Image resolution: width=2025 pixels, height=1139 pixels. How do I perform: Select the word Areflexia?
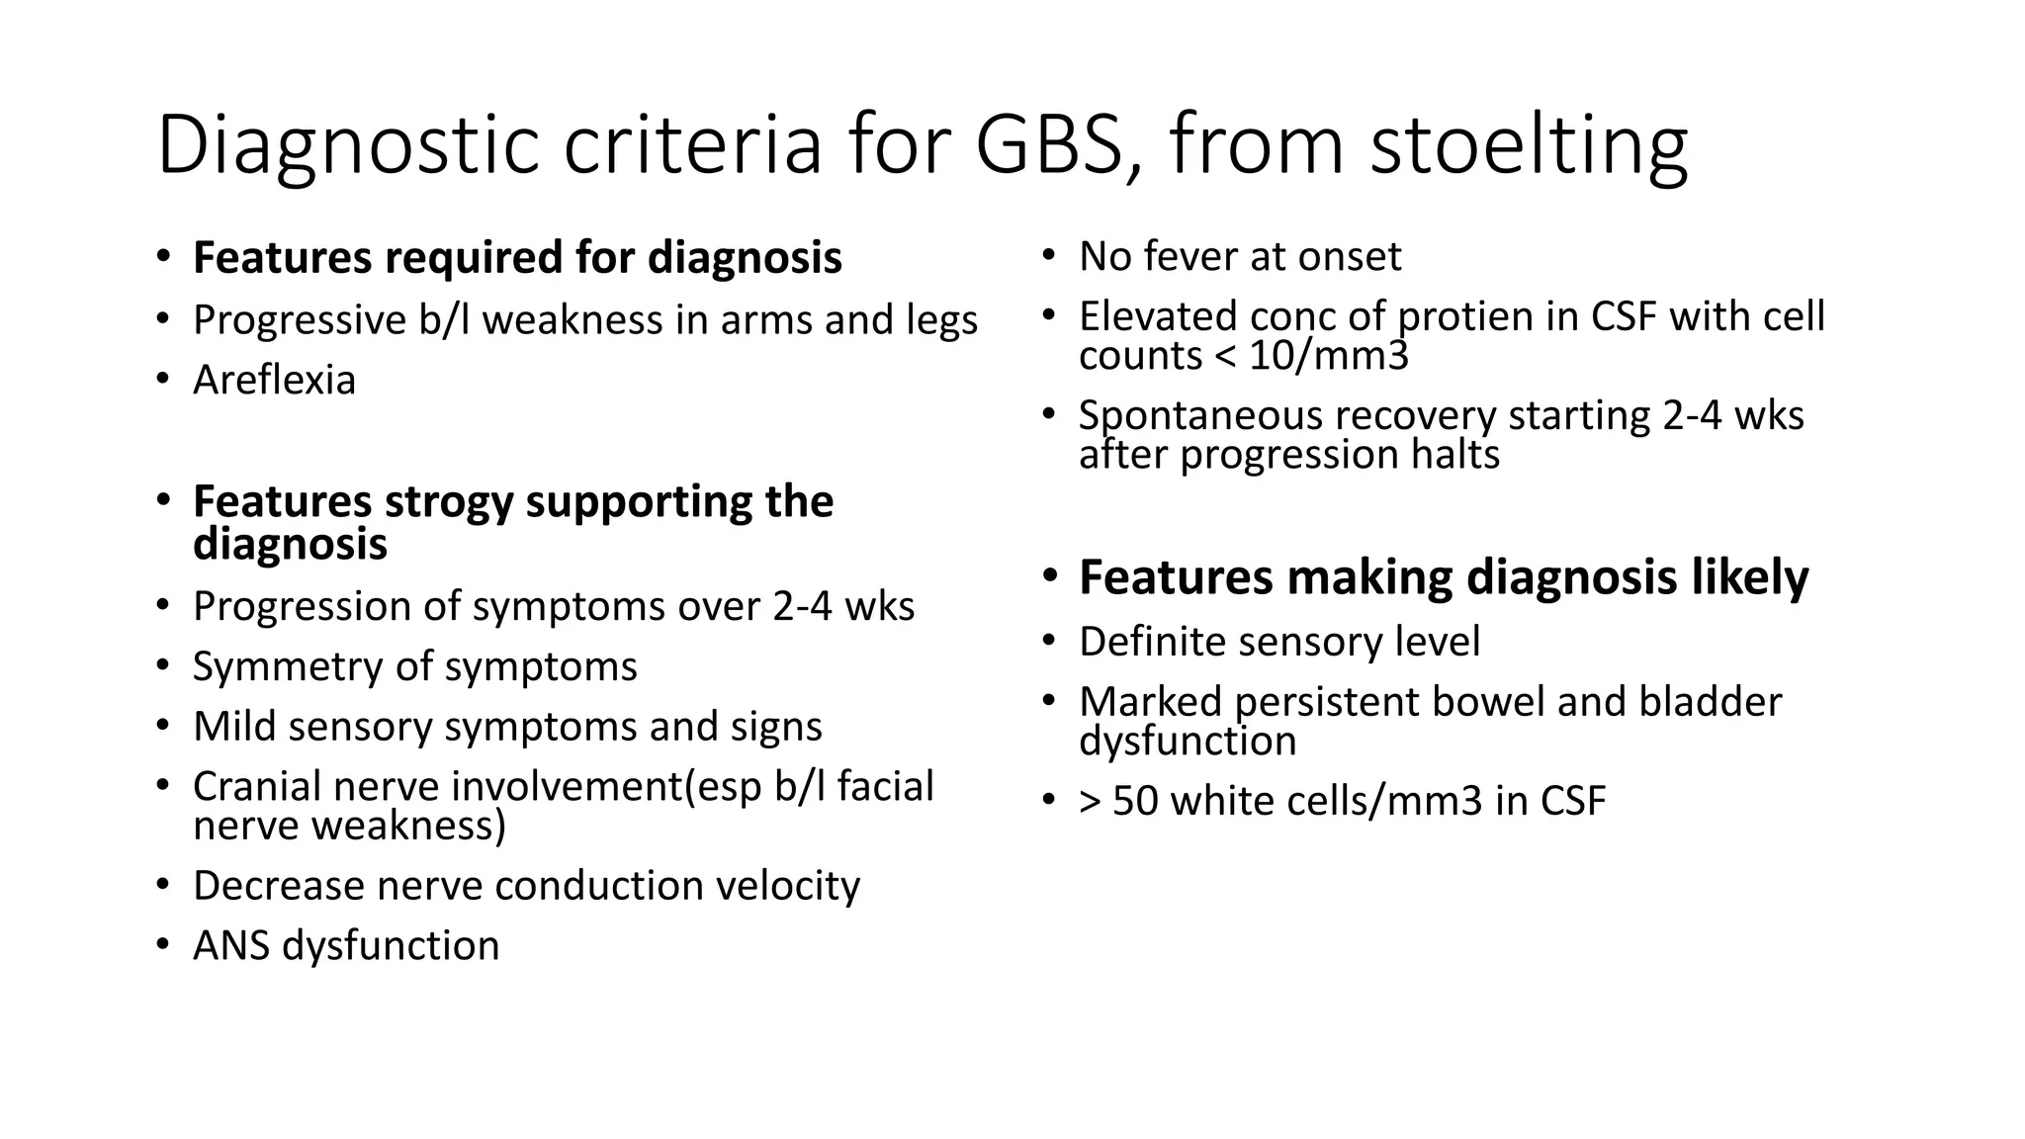pyautogui.click(x=274, y=381)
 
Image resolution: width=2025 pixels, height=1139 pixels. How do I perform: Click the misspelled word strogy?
pyautogui.click(x=450, y=502)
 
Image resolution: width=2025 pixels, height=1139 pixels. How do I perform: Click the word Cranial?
pyautogui.click(x=256, y=787)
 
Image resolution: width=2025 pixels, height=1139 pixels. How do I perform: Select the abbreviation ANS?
pyautogui.click(x=232, y=946)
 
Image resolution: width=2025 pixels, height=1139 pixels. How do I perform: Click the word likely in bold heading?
pyautogui.click(x=1750, y=577)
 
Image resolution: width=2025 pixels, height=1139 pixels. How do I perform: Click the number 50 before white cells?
pyautogui.click(x=1134, y=801)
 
